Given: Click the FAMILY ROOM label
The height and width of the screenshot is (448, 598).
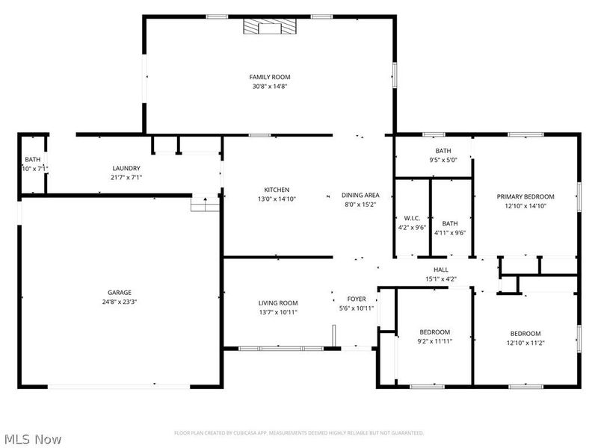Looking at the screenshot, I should pyautogui.click(x=269, y=77).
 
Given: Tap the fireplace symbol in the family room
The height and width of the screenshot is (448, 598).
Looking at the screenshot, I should pyautogui.click(x=270, y=28).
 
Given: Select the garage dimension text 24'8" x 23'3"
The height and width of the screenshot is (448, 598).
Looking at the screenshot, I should pyautogui.click(x=120, y=302).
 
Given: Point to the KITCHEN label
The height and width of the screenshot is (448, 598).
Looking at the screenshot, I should pyautogui.click(x=276, y=190).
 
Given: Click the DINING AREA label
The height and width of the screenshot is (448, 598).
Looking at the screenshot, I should pyautogui.click(x=361, y=195).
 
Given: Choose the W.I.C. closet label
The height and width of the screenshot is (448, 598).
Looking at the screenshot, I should pyautogui.click(x=412, y=219).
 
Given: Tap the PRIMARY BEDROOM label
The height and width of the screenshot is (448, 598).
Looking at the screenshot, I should pyautogui.click(x=525, y=196).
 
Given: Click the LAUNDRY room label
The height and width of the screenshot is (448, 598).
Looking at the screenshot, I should pyautogui.click(x=126, y=168).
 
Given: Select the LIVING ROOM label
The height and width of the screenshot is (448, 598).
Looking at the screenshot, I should pyautogui.click(x=278, y=303).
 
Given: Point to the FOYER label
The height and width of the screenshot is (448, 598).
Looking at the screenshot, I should pyautogui.click(x=357, y=299).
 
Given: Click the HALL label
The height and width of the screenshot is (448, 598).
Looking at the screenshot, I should pyautogui.click(x=440, y=270).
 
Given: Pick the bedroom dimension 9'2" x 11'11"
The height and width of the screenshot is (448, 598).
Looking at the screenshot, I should pyautogui.click(x=434, y=341).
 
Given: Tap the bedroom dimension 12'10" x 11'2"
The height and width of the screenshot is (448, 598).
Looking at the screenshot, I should pyautogui.click(x=525, y=343).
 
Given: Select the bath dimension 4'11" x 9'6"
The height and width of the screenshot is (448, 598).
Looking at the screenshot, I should pyautogui.click(x=450, y=232).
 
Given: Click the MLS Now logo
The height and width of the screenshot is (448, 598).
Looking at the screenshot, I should pyautogui.click(x=33, y=439).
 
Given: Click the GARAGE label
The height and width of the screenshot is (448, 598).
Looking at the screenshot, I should pyautogui.click(x=120, y=292).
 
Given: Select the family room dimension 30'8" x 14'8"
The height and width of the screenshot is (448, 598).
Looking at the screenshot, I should pyautogui.click(x=269, y=87).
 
